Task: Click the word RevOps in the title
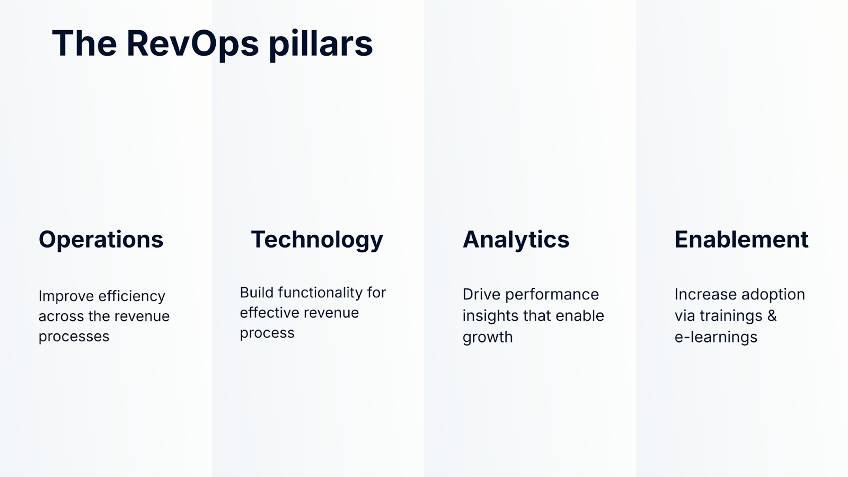192,45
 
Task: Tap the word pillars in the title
321,44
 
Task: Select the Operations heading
101,240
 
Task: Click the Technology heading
317,240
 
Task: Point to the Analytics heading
516,240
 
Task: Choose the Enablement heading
741,239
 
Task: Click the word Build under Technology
256,293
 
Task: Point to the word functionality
320,293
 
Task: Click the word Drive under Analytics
481,295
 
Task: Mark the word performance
552,295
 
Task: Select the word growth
488,337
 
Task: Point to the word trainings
731,316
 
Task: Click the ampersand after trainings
772,316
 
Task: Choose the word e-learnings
716,337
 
